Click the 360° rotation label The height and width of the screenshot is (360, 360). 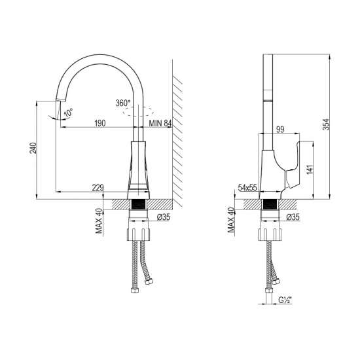pos(122,103)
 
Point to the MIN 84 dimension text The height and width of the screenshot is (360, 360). pos(160,122)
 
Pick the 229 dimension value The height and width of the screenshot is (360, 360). pos(98,189)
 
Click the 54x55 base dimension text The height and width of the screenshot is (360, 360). pos(247,188)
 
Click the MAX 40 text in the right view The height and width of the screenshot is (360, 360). pos(230,221)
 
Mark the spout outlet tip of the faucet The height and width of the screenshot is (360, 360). pos(57,100)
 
